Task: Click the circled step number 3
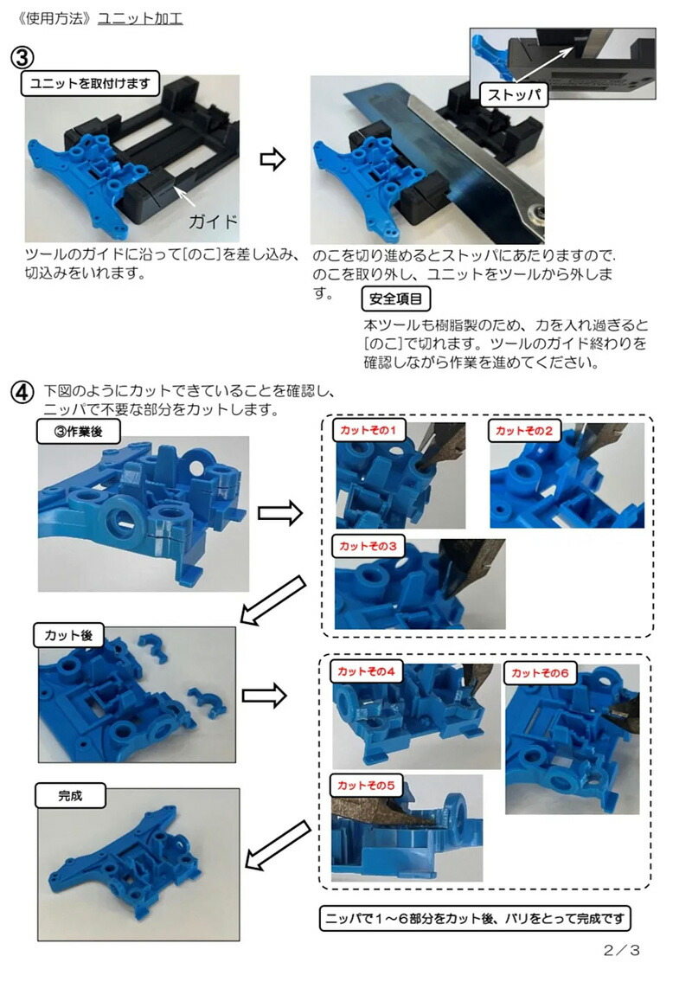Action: [22, 57]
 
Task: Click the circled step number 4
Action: [22, 392]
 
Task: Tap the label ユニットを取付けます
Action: [91, 84]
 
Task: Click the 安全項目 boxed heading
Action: [395, 299]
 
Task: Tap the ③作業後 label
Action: [80, 432]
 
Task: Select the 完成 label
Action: [70, 794]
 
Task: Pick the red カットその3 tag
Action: [368, 546]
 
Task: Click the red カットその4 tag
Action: [367, 671]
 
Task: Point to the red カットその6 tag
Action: [540, 672]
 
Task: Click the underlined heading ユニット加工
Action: [140, 18]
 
